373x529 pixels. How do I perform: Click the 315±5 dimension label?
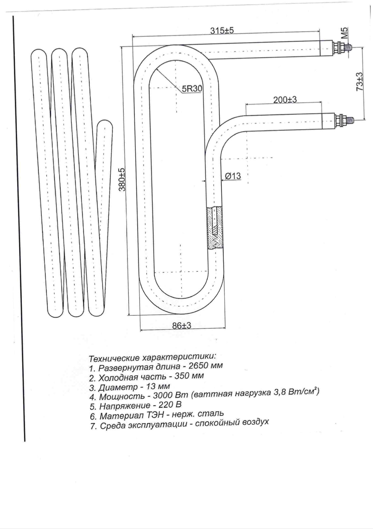[x=222, y=30]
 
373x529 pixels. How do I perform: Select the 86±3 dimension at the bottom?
[x=182, y=325]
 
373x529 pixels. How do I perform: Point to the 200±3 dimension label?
[x=285, y=99]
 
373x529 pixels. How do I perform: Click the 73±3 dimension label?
[x=360, y=82]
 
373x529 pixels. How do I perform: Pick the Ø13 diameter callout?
[x=233, y=176]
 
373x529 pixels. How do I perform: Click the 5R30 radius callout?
[x=192, y=89]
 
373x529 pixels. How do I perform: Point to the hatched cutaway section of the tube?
[x=215, y=228]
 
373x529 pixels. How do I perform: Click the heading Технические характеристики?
[x=152, y=357]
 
